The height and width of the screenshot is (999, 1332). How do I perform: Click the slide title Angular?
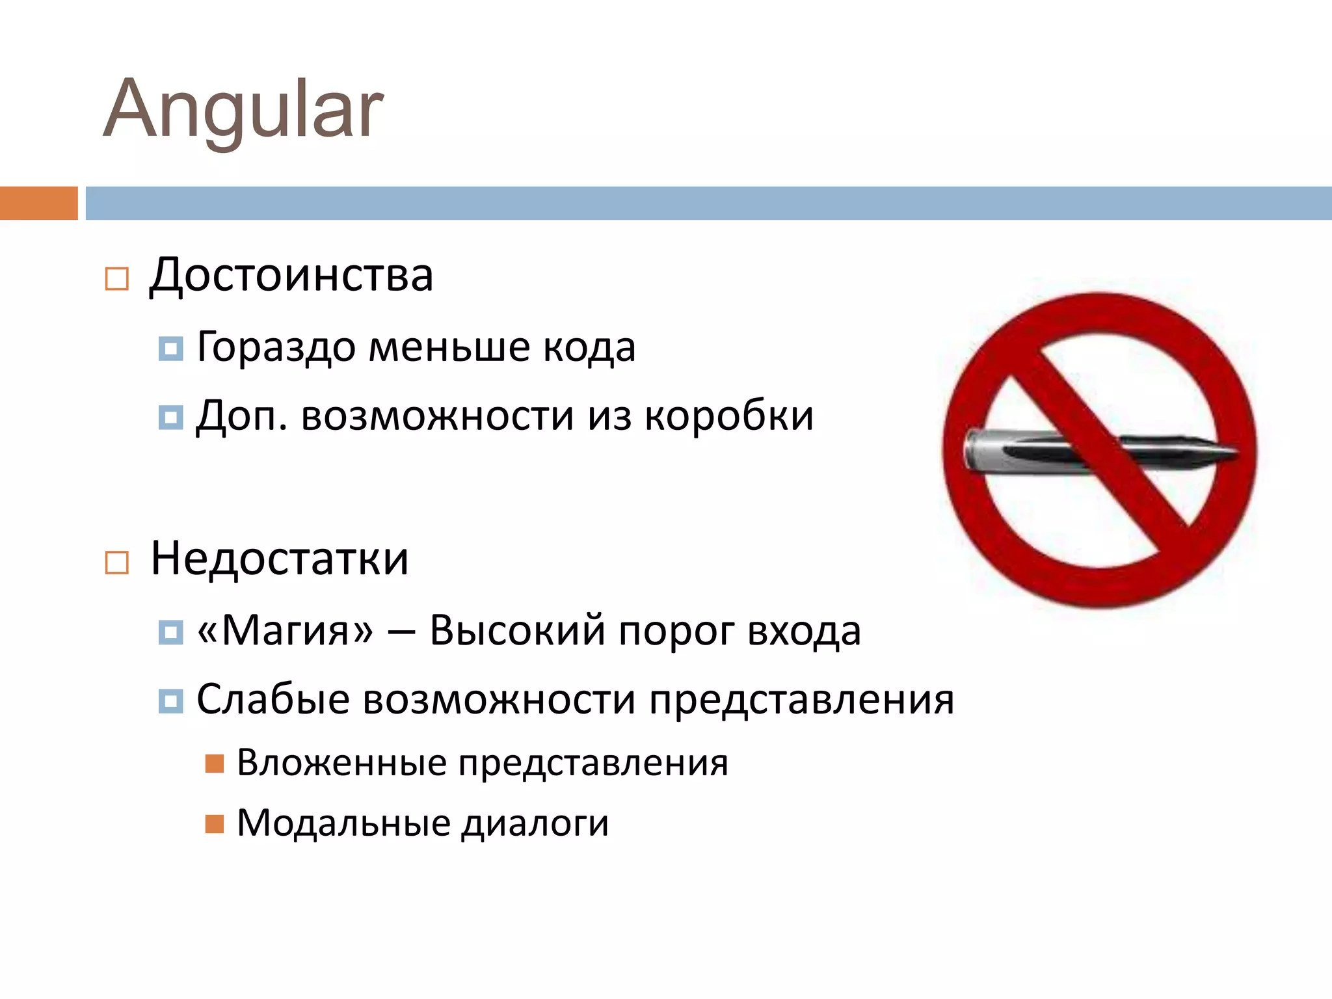(x=243, y=109)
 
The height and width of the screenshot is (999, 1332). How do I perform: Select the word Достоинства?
(x=291, y=276)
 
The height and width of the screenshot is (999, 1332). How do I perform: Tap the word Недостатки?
(x=280, y=559)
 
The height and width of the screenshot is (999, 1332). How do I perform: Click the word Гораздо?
(x=276, y=347)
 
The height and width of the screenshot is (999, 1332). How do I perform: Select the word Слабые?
(x=273, y=700)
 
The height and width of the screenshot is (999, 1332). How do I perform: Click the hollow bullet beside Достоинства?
(x=117, y=279)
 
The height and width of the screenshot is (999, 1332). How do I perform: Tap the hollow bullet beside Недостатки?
(x=117, y=563)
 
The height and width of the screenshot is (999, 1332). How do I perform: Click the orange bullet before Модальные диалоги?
(x=215, y=824)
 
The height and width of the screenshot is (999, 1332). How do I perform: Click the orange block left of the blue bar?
(x=39, y=203)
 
